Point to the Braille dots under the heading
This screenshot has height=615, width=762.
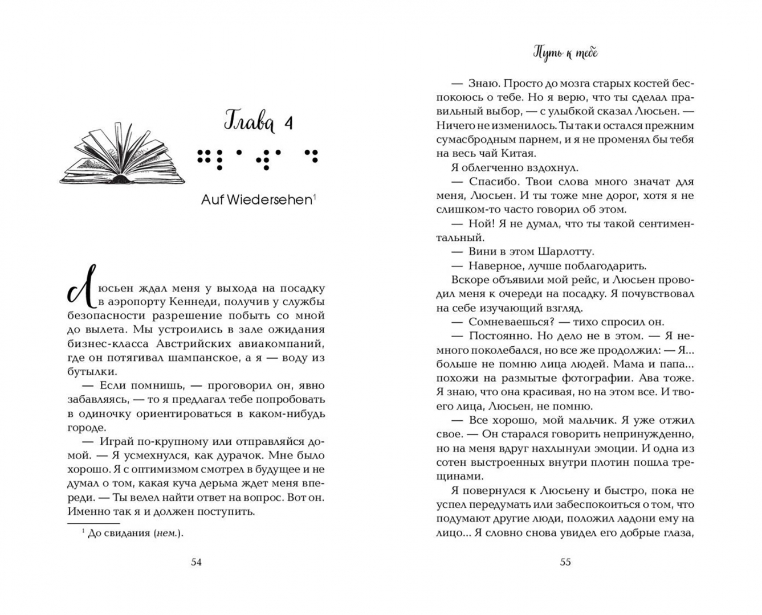(257, 158)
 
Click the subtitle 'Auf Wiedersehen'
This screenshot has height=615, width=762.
(257, 200)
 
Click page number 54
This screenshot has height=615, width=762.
(196, 562)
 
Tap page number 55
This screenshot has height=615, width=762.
(565, 562)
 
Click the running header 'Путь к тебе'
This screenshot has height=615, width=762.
(565, 53)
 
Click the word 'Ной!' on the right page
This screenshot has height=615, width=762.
(480, 224)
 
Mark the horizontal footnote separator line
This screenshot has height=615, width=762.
(93, 523)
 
